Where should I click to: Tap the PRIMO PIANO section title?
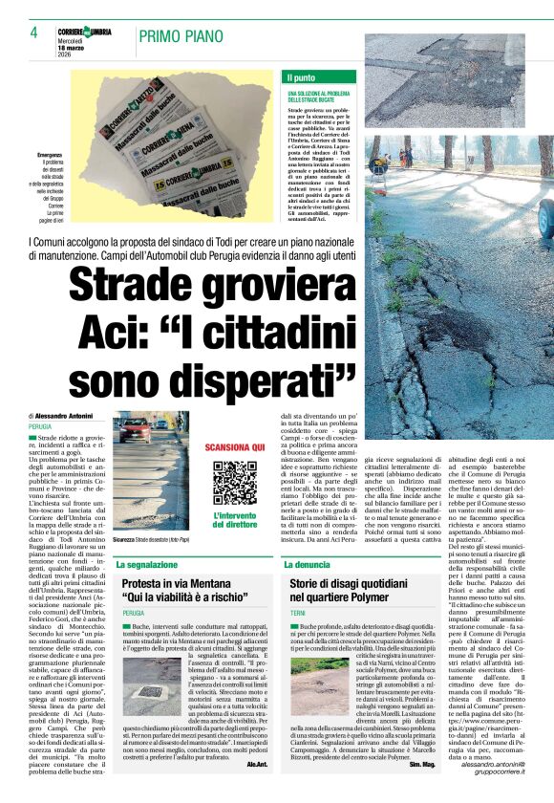coord(181,35)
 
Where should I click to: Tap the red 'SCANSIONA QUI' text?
coord(234,447)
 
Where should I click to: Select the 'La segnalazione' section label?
coord(148,565)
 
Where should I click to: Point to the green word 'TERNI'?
coord(299,612)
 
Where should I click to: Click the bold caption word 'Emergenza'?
coord(51,155)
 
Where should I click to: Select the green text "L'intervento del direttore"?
coord(234,520)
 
